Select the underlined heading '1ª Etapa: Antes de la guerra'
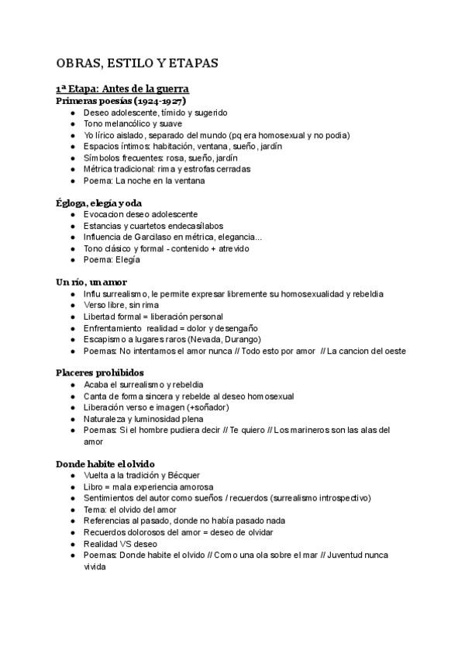(123, 89)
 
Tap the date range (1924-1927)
(160, 101)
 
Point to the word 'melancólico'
(126, 123)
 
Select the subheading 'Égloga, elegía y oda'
(98, 203)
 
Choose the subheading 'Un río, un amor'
(91, 282)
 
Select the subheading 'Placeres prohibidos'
(99, 372)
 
